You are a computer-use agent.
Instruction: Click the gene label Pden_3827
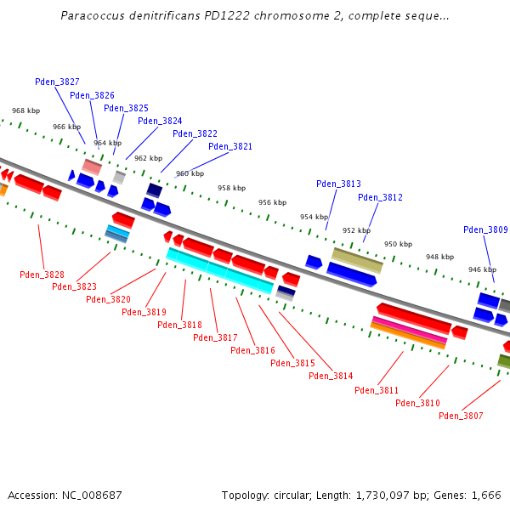click(57, 82)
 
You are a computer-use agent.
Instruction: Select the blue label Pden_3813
click(338, 184)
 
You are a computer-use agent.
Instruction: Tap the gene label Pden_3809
click(485, 229)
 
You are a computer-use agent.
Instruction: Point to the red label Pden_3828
click(42, 275)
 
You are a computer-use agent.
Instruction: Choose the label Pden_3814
click(331, 376)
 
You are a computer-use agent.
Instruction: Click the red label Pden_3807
click(461, 416)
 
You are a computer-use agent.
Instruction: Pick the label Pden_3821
click(230, 146)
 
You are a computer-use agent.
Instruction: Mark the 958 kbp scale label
click(231, 188)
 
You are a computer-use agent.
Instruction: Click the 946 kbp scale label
click(482, 269)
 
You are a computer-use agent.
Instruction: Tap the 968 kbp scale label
click(25, 110)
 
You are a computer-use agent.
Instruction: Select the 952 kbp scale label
click(356, 230)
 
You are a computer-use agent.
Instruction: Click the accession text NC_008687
click(89, 495)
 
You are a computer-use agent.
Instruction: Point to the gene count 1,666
click(484, 495)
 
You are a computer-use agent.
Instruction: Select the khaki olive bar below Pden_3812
click(357, 259)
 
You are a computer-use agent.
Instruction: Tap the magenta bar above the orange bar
click(409, 330)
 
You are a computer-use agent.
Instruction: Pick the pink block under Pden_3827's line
click(91, 166)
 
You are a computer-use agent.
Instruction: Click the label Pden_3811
click(377, 390)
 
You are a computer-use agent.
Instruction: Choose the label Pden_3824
click(160, 121)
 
